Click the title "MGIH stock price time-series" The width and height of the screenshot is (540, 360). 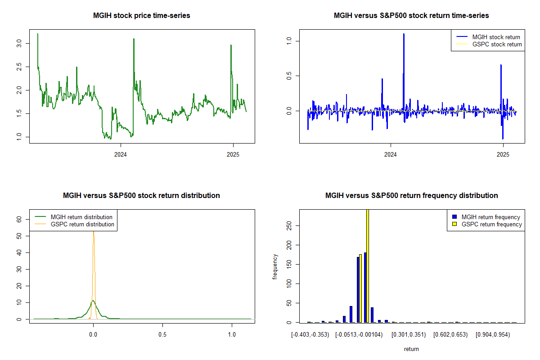coord(141,16)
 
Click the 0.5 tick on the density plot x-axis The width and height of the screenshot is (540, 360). coord(162,335)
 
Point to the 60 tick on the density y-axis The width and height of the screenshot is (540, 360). coord(19,219)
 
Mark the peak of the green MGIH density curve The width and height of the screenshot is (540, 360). coord(93,301)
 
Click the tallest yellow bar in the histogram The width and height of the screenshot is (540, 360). coord(368,265)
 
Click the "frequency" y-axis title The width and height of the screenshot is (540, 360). coord(275,266)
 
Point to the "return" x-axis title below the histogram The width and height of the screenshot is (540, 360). coord(411,349)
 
